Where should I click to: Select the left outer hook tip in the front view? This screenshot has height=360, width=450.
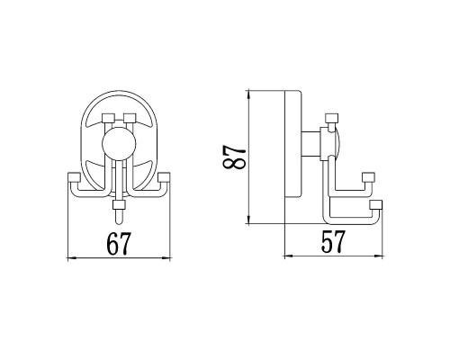(72, 175)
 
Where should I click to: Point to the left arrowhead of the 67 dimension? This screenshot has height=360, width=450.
(73, 258)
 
